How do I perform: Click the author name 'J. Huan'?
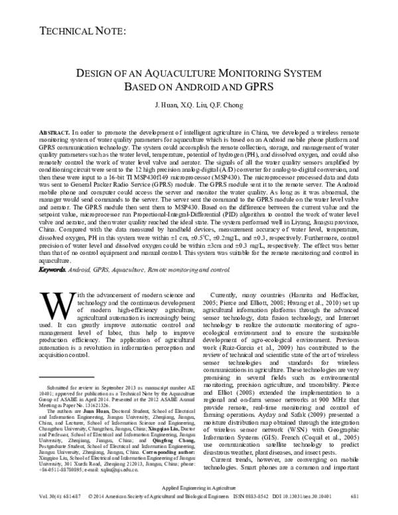[166, 105]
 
